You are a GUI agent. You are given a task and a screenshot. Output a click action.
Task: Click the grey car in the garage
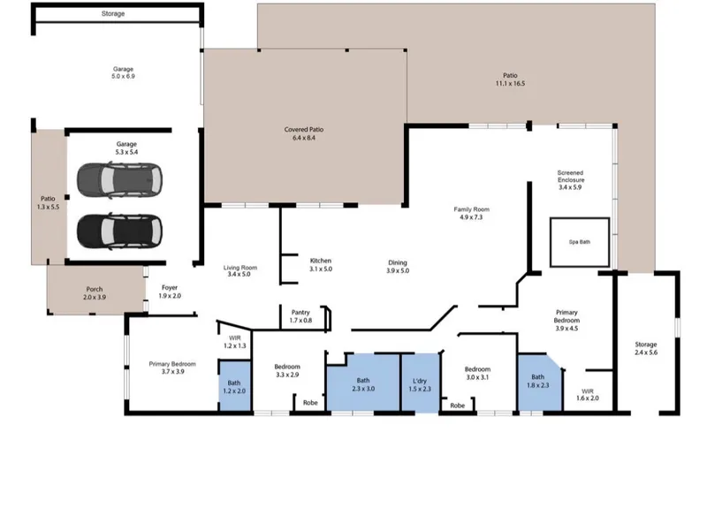tap(119, 180)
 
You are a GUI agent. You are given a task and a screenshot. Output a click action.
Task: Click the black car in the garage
tap(119, 231)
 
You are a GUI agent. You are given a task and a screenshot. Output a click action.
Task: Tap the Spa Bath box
tap(580, 242)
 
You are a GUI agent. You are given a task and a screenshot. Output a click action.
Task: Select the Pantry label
tap(300, 316)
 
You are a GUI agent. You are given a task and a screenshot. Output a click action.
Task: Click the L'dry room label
tap(420, 385)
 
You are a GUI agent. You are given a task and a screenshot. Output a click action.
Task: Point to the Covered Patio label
tap(304, 133)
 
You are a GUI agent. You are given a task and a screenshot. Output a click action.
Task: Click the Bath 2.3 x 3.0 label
tap(363, 384)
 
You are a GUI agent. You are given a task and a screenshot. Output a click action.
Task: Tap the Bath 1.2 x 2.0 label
tap(234, 387)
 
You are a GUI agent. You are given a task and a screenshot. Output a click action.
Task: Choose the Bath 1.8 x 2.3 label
tap(538, 381)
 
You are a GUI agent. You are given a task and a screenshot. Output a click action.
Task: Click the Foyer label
tap(170, 291)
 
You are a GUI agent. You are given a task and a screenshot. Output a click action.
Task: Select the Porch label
tap(95, 293)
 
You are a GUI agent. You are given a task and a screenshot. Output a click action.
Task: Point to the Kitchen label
tap(321, 264)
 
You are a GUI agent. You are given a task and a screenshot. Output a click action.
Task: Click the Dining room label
tap(398, 267)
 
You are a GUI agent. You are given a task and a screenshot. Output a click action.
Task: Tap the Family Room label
tap(471, 213)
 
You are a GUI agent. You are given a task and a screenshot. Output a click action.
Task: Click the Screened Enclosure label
tap(570, 180)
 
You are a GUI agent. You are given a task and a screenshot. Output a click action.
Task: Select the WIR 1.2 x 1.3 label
tap(235, 342)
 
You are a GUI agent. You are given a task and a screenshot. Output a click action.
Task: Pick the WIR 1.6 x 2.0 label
tap(588, 395)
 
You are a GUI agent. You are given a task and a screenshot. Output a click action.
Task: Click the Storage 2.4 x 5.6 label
tap(646, 348)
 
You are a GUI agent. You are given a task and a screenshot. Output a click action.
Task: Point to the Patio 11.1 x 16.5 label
tap(511, 79)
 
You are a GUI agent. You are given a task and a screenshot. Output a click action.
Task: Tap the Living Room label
tap(240, 271)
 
